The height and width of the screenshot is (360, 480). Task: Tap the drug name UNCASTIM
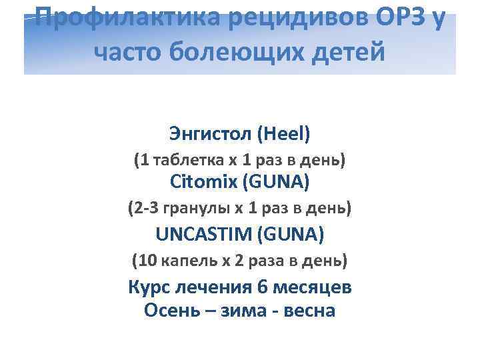click(203, 234)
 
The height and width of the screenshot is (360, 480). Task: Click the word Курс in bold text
click(151, 288)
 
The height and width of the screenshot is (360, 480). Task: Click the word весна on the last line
click(307, 311)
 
